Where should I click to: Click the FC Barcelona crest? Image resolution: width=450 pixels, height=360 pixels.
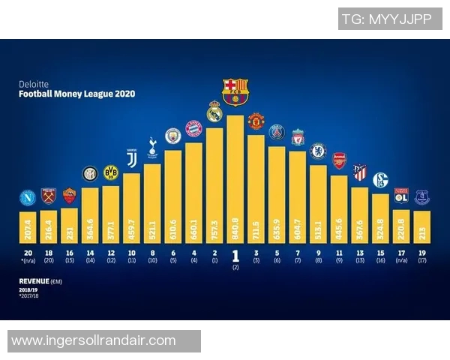(x=235, y=91)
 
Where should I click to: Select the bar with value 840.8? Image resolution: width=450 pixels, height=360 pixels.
(x=235, y=180)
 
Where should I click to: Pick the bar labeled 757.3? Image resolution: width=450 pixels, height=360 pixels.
(x=214, y=187)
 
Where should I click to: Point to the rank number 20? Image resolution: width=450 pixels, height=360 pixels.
(x=28, y=253)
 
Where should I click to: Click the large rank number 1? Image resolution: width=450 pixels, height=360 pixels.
(x=235, y=254)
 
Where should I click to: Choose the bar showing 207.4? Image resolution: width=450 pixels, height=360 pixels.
(x=28, y=223)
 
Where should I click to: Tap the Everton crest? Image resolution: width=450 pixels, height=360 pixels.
(x=421, y=196)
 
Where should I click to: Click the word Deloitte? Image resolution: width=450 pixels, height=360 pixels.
(x=31, y=85)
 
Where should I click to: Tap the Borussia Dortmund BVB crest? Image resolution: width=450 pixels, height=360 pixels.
(x=111, y=172)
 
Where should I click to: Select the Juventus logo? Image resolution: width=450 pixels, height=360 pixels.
(x=131, y=159)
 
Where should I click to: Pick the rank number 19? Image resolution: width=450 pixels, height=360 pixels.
(x=421, y=253)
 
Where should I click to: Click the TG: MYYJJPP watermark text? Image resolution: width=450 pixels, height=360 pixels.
(x=387, y=19)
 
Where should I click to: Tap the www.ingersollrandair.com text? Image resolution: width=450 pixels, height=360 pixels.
(x=94, y=340)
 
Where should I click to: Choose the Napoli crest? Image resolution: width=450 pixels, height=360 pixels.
(x=28, y=198)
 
